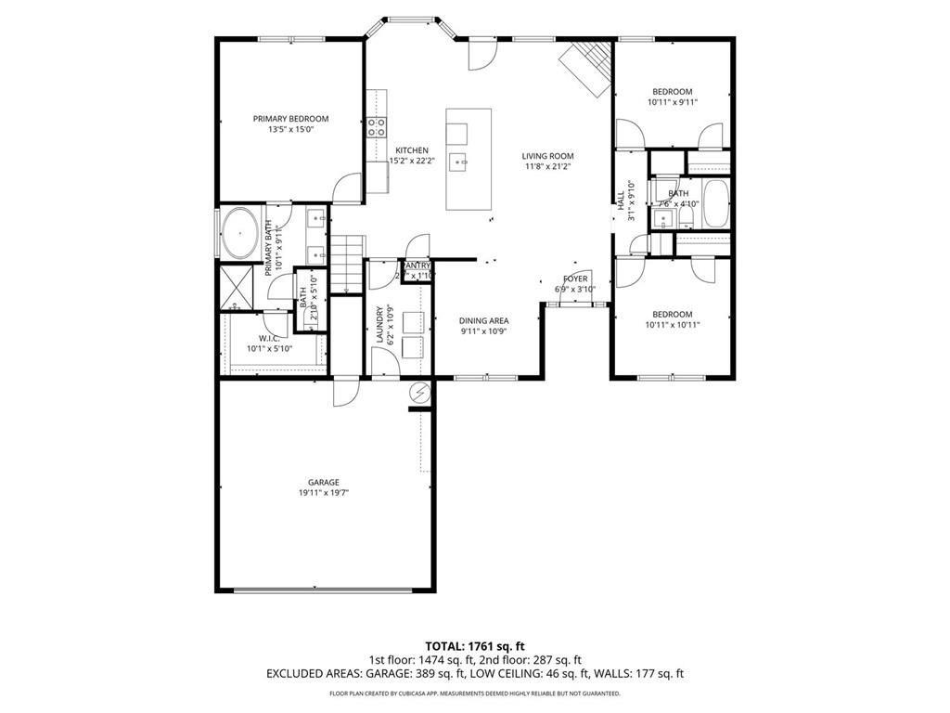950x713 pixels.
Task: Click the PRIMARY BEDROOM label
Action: point(290,119)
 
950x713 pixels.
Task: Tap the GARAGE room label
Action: point(324,482)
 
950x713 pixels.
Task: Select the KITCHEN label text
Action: point(412,150)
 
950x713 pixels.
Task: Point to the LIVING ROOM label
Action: point(547,156)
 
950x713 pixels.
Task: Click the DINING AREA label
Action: point(483,321)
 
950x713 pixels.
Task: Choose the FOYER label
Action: point(575,279)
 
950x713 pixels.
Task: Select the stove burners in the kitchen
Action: point(377,127)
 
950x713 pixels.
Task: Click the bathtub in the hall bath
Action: point(716,204)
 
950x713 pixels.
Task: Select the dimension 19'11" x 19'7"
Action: point(324,494)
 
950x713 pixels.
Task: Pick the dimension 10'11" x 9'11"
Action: point(672,103)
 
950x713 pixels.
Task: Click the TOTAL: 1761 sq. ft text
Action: point(475,645)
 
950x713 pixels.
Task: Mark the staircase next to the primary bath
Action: point(345,263)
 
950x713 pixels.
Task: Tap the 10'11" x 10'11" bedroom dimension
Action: point(672,325)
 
